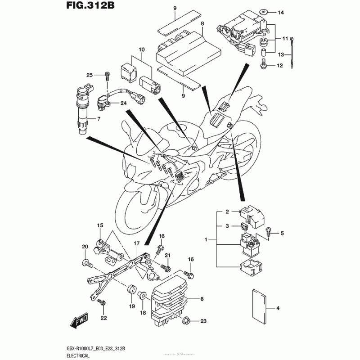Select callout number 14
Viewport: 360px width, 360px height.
coord(281,13)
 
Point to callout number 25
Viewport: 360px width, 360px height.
coord(89,75)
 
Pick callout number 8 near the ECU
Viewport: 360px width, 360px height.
coord(202,23)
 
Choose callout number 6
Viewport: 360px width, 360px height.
coord(202,299)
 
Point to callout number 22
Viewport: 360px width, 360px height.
coord(104,318)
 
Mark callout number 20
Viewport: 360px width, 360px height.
coord(84,246)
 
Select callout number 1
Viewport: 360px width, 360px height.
coord(206,240)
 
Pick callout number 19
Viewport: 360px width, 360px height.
coord(132,306)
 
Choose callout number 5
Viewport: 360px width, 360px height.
coord(283,233)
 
